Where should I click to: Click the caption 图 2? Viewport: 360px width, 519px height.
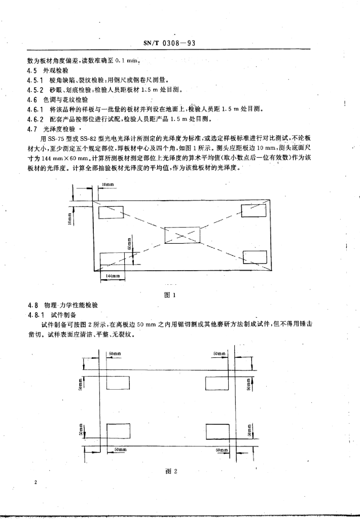(x=170, y=471)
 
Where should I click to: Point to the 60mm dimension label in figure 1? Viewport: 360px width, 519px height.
(x=130, y=244)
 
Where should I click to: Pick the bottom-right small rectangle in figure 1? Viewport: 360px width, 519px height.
(x=255, y=257)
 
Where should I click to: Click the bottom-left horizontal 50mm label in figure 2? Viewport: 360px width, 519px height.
(x=121, y=449)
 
